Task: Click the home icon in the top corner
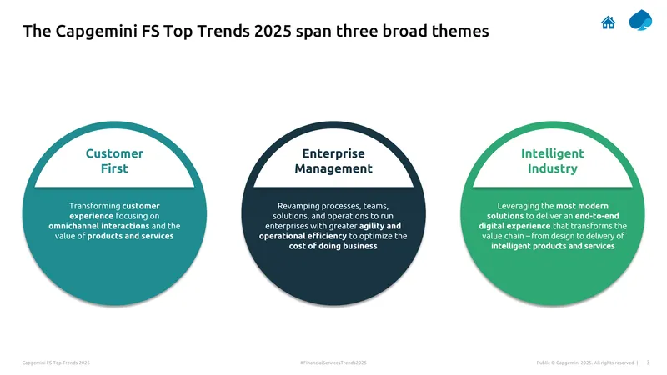click(609, 22)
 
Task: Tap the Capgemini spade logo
click(640, 20)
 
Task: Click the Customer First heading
click(114, 161)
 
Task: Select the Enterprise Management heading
click(333, 161)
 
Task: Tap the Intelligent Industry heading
click(553, 161)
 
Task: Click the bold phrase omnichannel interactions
click(99, 226)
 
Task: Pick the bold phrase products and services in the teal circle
click(131, 236)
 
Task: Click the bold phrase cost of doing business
click(333, 246)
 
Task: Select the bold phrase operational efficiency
click(303, 236)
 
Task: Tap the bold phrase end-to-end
click(597, 216)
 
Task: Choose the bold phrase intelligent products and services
click(553, 246)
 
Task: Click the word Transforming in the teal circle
click(95, 206)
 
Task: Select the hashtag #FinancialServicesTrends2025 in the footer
click(333, 362)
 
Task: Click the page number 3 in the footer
click(649, 362)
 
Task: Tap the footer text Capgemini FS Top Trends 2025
click(56, 362)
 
